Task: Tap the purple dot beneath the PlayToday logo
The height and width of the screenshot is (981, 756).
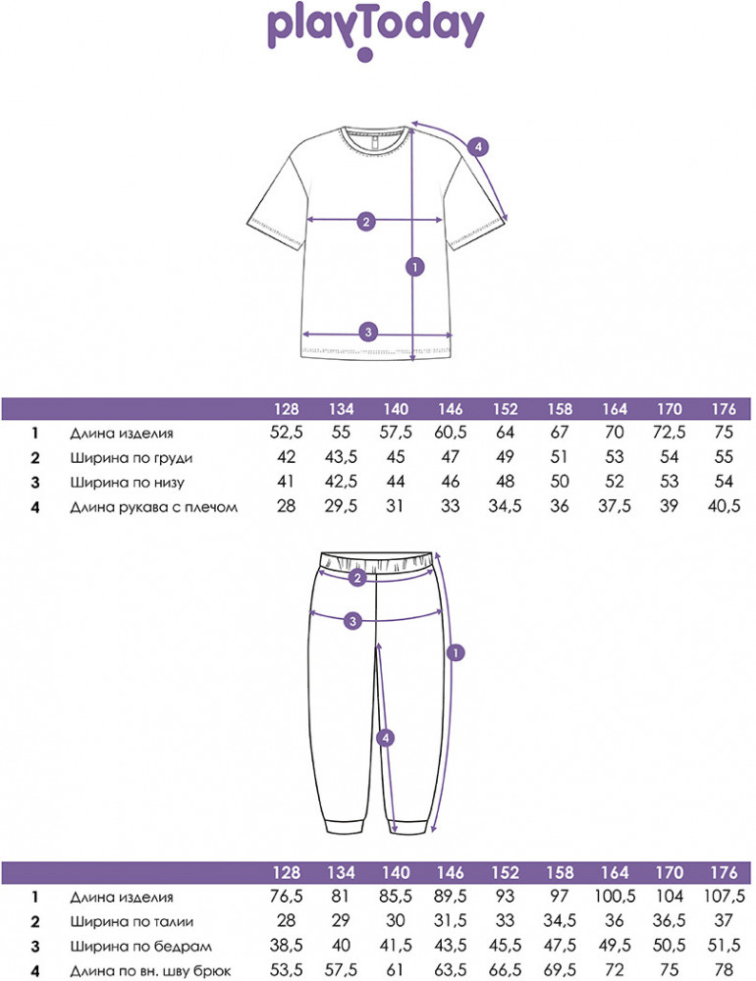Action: (365, 56)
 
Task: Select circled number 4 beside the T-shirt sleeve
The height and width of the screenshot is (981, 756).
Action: (477, 148)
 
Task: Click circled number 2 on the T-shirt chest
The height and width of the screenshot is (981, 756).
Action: (365, 221)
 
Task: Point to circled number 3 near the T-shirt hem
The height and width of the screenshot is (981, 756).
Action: (368, 332)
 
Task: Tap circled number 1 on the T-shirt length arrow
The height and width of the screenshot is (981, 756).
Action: (416, 266)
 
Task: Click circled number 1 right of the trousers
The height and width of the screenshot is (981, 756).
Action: (456, 651)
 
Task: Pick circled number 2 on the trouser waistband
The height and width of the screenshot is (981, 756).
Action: (357, 578)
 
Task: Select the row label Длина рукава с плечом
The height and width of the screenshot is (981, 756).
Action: (154, 507)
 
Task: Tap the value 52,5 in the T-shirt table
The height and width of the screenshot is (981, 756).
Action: (282, 433)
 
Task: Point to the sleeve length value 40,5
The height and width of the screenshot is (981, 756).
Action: (723, 507)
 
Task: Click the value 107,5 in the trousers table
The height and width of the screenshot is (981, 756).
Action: (722, 897)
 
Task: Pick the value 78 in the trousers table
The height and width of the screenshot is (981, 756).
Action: (723, 971)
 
